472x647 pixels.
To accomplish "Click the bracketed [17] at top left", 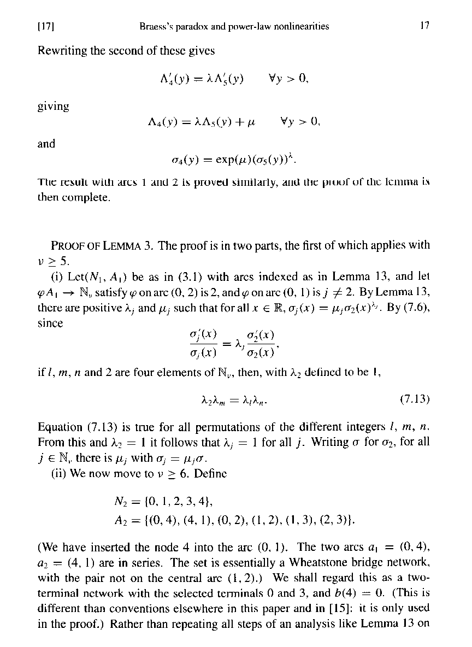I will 48,27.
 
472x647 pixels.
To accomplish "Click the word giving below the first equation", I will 53,106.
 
